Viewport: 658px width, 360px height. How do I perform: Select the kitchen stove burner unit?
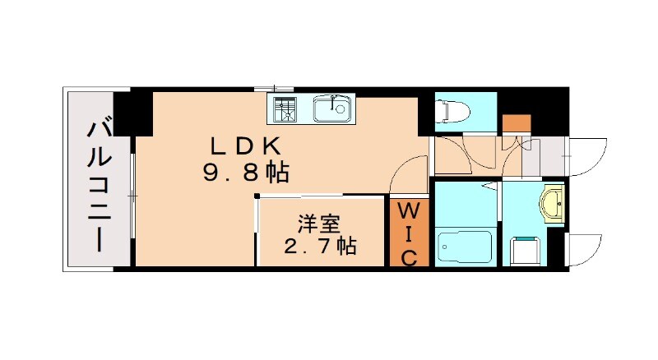point(285,108)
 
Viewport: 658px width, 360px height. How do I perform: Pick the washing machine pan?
point(524,248)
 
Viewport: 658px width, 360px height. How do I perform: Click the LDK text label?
point(248,146)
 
